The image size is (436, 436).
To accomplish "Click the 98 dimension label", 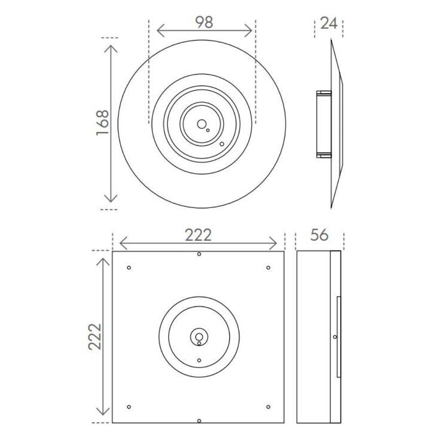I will (x=204, y=22).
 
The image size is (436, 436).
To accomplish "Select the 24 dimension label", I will (x=329, y=23).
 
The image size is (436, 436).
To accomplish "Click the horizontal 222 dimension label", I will (x=198, y=235).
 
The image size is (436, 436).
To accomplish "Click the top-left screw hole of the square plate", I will (x=129, y=267).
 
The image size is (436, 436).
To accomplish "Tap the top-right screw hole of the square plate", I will (x=268, y=267).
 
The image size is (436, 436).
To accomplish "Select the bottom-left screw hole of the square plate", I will (x=129, y=407).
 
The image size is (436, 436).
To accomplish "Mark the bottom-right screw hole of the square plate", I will (x=268, y=407).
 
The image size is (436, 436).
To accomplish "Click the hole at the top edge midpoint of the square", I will (x=199, y=254).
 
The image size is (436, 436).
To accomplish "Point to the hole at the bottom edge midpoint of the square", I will (x=199, y=421).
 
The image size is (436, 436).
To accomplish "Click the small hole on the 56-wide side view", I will (x=334, y=337).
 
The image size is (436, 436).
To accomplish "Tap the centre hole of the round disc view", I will (x=201, y=124).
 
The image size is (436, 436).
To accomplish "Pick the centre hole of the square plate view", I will (x=199, y=337).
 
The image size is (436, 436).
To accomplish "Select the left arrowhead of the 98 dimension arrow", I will (x=158, y=31).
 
